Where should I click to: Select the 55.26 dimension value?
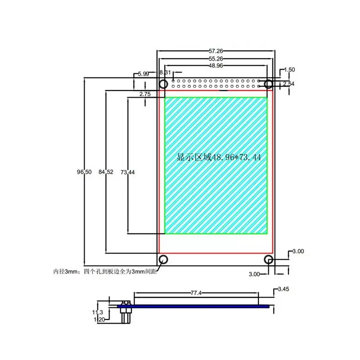[216, 58]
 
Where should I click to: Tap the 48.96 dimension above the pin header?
[216, 65]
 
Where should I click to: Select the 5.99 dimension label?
[144, 73]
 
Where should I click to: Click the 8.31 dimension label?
[165, 72]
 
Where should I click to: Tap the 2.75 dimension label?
[145, 94]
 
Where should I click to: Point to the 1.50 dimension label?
[290, 70]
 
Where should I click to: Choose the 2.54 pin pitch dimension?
[290, 84]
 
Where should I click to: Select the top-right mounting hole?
[269, 84]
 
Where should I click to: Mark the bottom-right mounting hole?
[269, 259]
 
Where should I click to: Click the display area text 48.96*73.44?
[219, 157]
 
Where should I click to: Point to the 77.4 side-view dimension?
[196, 292]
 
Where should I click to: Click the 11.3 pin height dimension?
[98, 312]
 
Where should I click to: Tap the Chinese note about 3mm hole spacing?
[106, 272]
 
